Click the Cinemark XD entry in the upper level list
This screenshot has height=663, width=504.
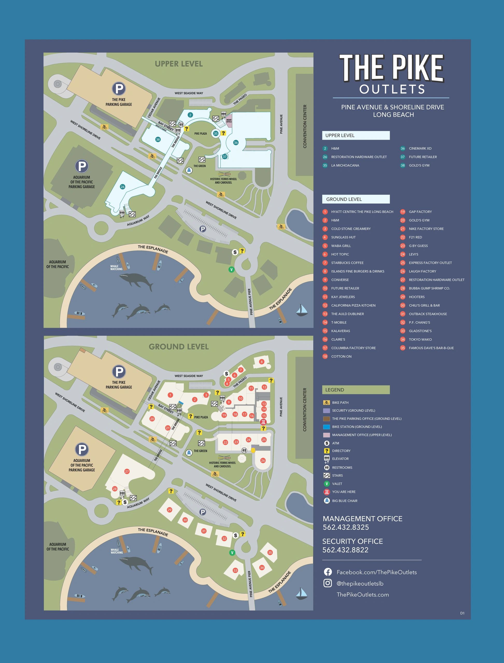pos(420,148)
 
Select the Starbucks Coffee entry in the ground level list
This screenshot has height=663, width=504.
pos(347,263)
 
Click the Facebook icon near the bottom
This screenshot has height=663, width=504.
pos(328,572)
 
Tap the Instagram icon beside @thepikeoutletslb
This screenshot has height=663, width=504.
pos(328,583)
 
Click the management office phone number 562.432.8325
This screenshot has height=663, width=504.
pos(346,527)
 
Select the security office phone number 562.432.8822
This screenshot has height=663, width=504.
pos(345,550)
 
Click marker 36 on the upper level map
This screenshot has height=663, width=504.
pos(236,142)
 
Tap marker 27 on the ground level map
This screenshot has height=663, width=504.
pos(127,471)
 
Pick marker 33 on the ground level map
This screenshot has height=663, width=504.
pos(235,570)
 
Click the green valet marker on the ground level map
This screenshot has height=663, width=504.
pos(232,552)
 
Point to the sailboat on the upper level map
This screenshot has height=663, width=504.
pos(302,310)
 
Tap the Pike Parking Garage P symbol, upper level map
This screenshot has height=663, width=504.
pos(119,89)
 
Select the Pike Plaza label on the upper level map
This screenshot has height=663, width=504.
pos(200,133)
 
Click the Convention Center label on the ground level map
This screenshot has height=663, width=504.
pos(305,410)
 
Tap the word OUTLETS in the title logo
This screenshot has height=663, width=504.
pos(392,89)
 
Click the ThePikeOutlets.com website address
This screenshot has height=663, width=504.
pos(363,594)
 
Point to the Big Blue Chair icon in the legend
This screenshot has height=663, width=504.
pos(327,500)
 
